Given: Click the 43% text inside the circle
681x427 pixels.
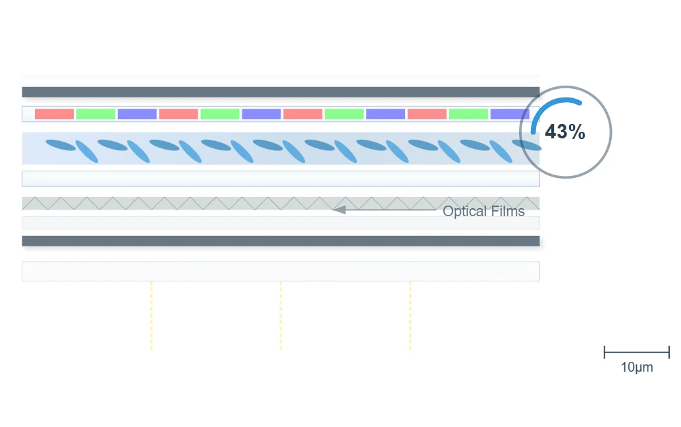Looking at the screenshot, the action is [x=565, y=132].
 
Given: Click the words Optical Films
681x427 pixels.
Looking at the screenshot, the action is [x=483, y=211].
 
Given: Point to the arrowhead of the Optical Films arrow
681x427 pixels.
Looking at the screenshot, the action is [x=339, y=210].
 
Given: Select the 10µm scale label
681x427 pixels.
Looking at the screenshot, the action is [x=637, y=367].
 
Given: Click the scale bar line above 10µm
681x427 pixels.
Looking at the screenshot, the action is [x=637, y=353].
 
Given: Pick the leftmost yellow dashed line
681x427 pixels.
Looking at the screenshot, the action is [x=151, y=316].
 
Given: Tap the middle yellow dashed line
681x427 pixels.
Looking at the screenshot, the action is [x=281, y=316].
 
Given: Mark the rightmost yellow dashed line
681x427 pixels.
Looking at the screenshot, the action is [x=410, y=316].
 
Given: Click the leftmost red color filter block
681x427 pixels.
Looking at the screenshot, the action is [x=54, y=114].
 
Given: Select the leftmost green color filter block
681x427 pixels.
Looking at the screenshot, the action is [x=95, y=114].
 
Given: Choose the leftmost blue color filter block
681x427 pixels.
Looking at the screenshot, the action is [x=137, y=114].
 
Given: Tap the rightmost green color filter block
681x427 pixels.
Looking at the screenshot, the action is [x=468, y=114].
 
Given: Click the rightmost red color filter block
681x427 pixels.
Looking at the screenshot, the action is [x=427, y=114].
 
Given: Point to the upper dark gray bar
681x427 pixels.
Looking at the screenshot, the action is [x=281, y=92].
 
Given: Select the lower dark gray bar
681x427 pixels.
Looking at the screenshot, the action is [x=281, y=241].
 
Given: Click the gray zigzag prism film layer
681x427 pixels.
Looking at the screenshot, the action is [x=281, y=204].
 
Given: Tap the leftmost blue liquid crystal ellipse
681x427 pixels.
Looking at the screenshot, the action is [x=61, y=145].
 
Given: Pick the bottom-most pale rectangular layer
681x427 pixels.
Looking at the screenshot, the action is [x=281, y=271].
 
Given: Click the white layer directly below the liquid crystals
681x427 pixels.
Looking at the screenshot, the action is [x=281, y=179].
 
